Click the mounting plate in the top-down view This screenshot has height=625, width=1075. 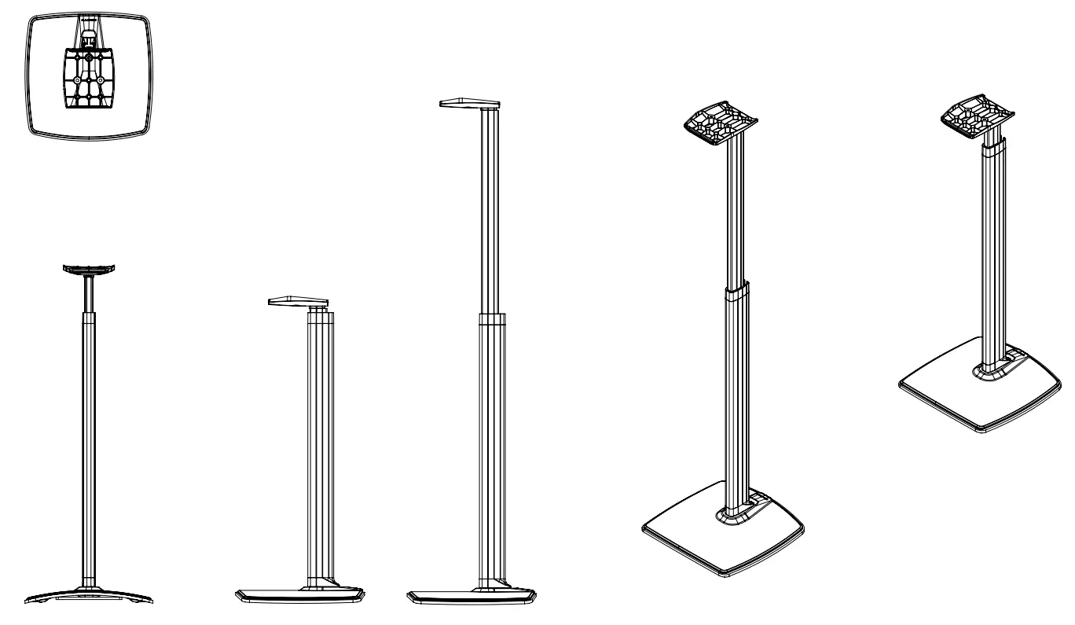tap(90, 79)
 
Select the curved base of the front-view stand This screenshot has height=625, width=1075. tap(89, 593)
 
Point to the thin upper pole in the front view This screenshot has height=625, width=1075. tap(90, 294)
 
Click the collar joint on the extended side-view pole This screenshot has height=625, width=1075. tap(492, 318)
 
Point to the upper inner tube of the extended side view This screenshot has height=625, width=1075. tap(491, 212)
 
